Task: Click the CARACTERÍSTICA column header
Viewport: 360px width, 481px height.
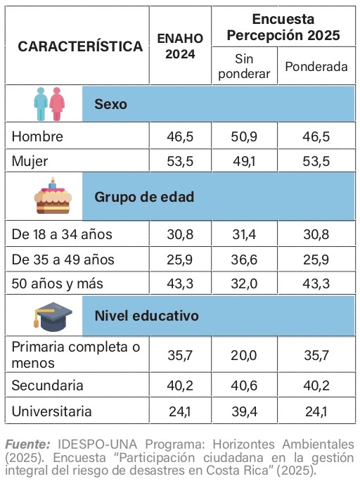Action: pos(80,46)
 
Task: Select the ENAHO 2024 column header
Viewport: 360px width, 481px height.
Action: pos(180,46)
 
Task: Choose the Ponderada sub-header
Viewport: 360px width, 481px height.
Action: pos(316,67)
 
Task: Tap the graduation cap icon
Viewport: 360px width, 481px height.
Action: pos(50,316)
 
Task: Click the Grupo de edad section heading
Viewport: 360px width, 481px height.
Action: pos(144,196)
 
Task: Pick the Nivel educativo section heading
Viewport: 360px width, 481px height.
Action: pos(146,316)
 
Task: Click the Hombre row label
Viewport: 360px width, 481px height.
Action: pos(37,136)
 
